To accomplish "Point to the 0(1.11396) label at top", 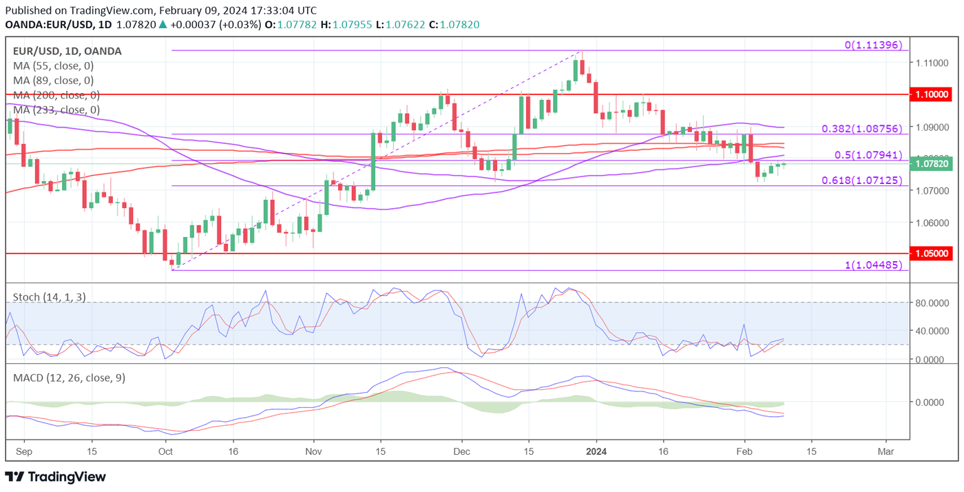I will click(x=873, y=45).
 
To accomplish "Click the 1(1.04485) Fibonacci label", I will click(x=873, y=265).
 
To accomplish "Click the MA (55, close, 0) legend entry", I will click(x=54, y=66).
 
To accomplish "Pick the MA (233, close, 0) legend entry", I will click(x=56, y=110).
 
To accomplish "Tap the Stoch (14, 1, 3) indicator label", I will click(x=50, y=297).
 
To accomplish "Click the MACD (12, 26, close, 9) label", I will click(x=69, y=378).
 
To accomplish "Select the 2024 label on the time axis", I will click(x=596, y=451).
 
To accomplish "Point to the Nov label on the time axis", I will click(x=313, y=451).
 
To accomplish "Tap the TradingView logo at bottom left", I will click(x=56, y=477).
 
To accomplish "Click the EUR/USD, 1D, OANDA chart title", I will click(x=67, y=51).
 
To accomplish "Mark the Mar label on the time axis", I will click(x=886, y=451).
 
